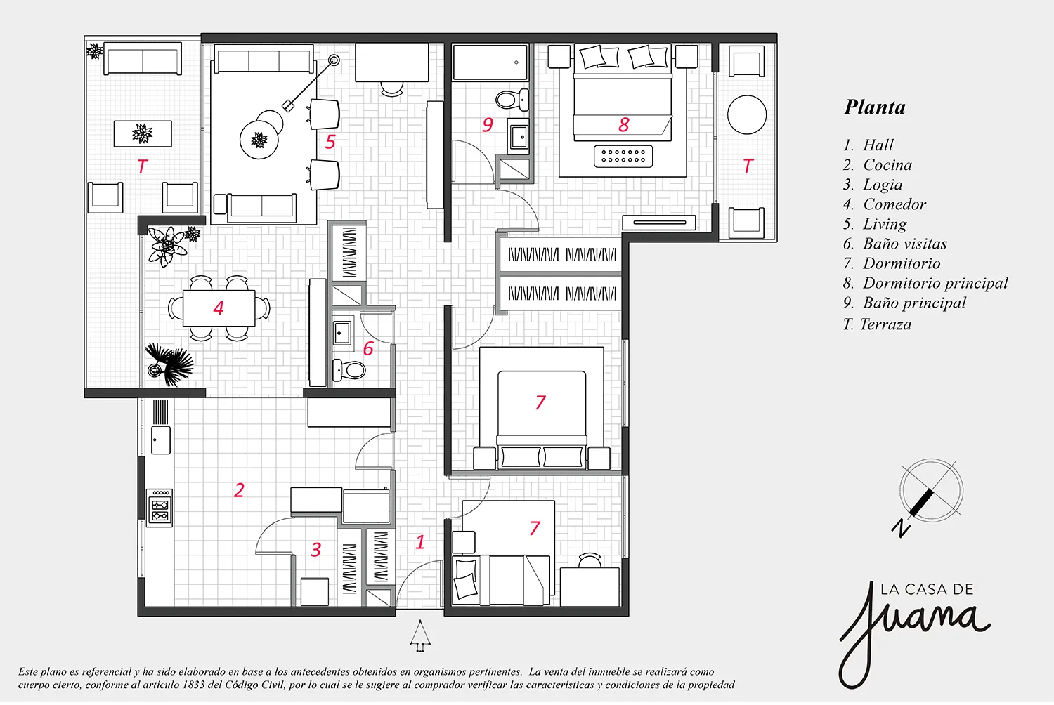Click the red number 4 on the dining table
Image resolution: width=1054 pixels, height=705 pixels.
tap(219, 308)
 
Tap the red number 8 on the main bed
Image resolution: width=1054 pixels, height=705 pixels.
tap(624, 124)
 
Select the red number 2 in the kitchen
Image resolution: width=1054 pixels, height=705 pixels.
tap(239, 491)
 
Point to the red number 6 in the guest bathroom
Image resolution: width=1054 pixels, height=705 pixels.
tap(368, 348)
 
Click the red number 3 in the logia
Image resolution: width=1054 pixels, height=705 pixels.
tap(316, 550)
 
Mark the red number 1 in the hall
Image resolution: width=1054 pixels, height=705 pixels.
tap(419, 542)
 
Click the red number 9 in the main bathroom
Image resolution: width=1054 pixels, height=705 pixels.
tap(488, 124)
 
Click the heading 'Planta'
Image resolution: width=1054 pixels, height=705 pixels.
tap(874, 107)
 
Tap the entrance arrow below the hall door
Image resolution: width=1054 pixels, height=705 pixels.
tap(420, 636)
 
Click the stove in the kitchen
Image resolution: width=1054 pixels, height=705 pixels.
tap(160, 508)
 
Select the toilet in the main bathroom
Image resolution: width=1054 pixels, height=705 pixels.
tap(512, 100)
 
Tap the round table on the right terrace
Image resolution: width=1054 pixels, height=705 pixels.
tap(747, 114)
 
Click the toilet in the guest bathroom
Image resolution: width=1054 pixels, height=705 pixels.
tap(349, 369)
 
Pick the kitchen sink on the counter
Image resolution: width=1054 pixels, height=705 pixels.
tap(160, 440)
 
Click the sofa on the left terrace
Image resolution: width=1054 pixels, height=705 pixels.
tap(143, 58)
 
